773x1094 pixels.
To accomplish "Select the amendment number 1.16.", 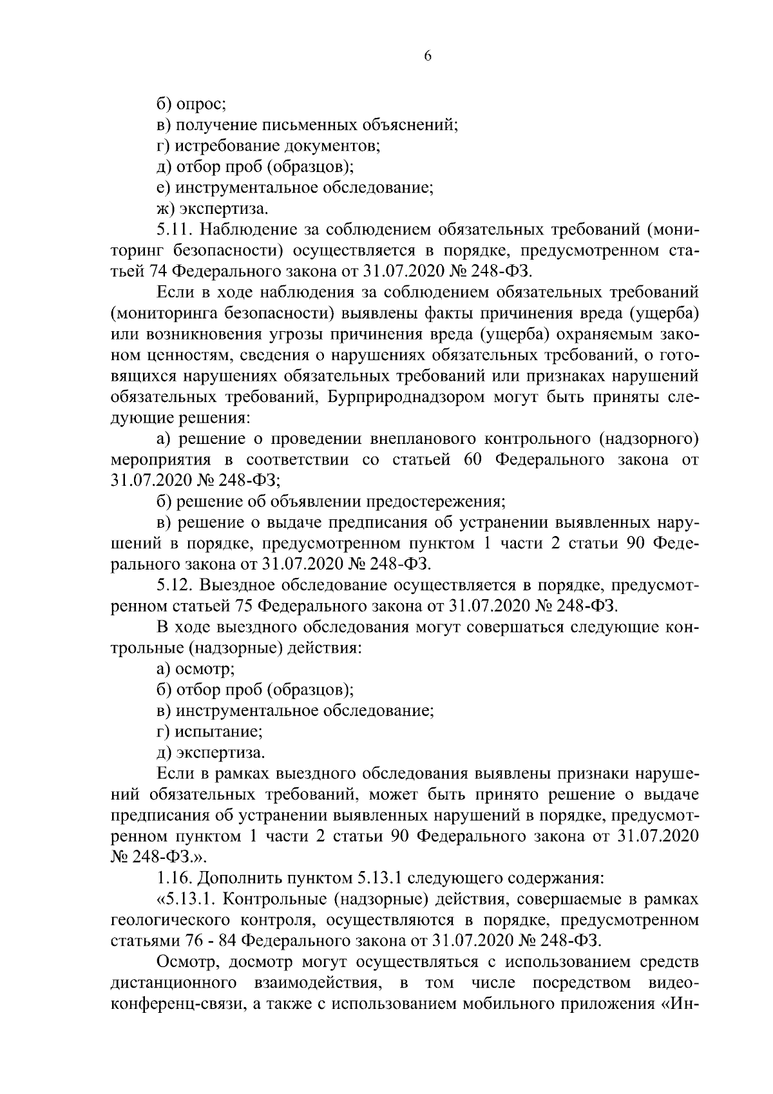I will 173,878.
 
